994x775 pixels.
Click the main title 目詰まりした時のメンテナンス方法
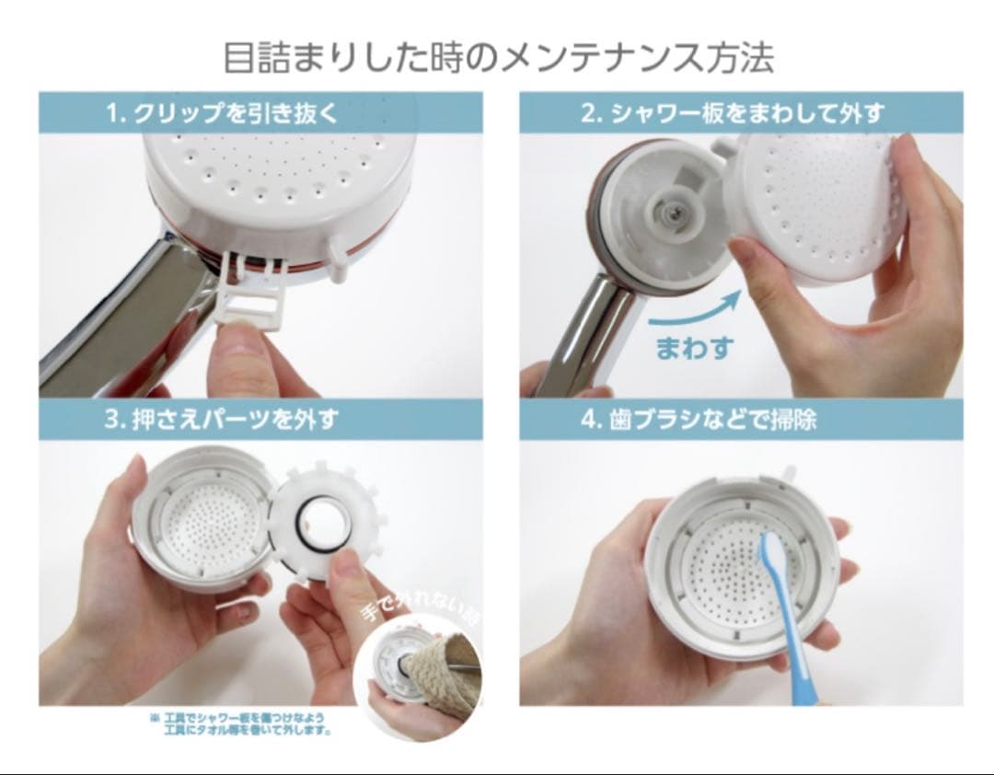[x=498, y=57]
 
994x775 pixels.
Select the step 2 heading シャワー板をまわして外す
[x=732, y=113]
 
